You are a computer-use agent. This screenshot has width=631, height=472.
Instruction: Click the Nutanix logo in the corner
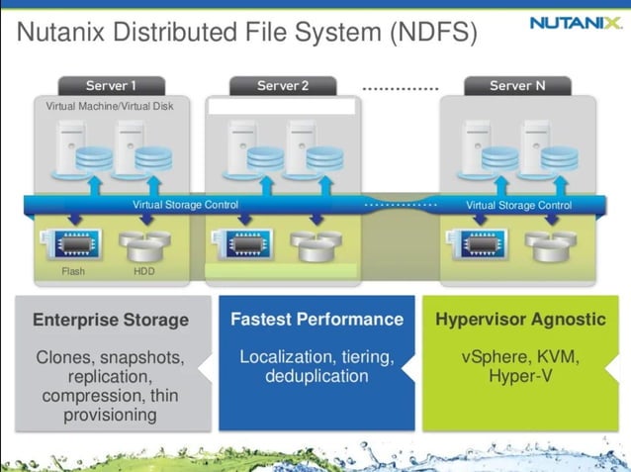click(x=575, y=23)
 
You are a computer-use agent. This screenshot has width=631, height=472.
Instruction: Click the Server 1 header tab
click(x=110, y=86)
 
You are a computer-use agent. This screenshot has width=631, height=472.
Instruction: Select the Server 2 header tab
click(x=282, y=86)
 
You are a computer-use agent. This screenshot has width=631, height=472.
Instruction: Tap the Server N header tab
click(x=517, y=86)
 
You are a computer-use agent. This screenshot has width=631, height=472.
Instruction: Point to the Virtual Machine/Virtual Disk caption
click(x=110, y=106)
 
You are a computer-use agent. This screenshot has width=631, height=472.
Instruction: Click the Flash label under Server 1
click(x=73, y=271)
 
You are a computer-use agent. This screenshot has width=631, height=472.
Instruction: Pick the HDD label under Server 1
click(x=144, y=271)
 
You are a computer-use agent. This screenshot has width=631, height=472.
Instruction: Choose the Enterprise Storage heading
click(x=110, y=320)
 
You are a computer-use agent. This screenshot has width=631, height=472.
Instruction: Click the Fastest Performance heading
click(x=316, y=320)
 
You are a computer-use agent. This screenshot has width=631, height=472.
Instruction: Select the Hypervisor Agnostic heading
click(x=520, y=320)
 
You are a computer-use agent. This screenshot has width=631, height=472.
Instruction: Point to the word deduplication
click(x=316, y=377)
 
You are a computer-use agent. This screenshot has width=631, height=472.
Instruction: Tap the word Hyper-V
click(x=520, y=377)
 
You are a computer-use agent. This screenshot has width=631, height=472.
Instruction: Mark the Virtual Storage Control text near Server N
click(x=518, y=205)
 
